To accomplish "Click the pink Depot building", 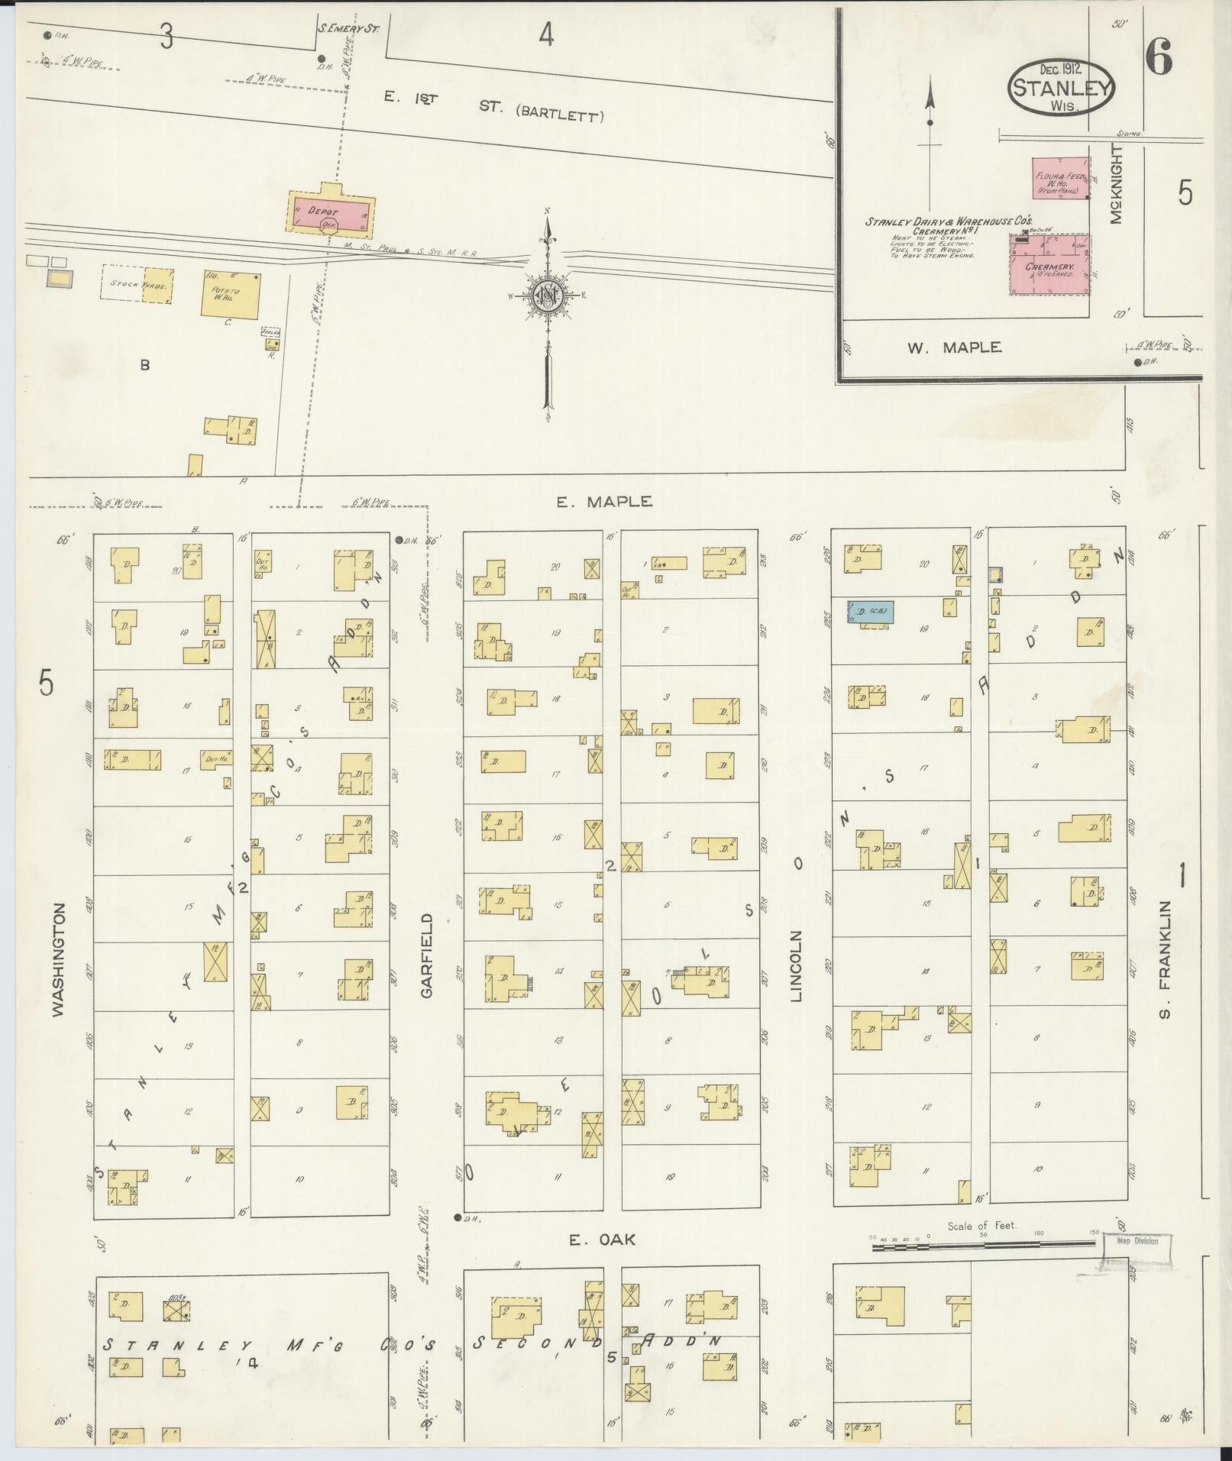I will tap(331, 210).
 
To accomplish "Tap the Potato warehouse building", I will tap(229, 293).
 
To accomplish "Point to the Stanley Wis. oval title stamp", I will tap(1061, 86).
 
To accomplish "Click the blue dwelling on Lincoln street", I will tap(871, 611).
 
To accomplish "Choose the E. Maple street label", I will tap(603, 502).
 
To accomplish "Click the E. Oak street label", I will tap(602, 1240).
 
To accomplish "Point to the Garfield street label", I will tap(426, 955).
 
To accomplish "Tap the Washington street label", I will tap(60, 958).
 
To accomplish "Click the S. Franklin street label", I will tap(1164, 959).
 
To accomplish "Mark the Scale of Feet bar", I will tap(985, 1246).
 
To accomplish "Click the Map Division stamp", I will tap(1137, 1241).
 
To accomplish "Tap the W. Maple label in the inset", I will tap(954, 347).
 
